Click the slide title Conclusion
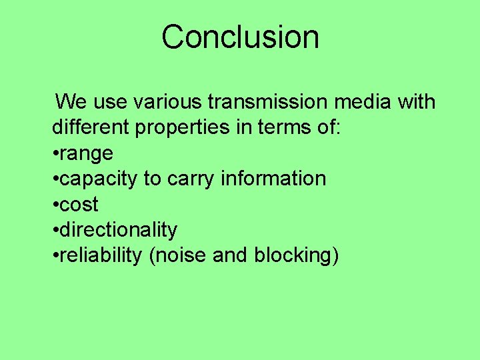pos(240,37)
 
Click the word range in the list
pos(86,154)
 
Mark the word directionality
pos(119,230)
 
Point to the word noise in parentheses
pos(183,255)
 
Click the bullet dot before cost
pos(55,205)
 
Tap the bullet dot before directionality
pos(55,230)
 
